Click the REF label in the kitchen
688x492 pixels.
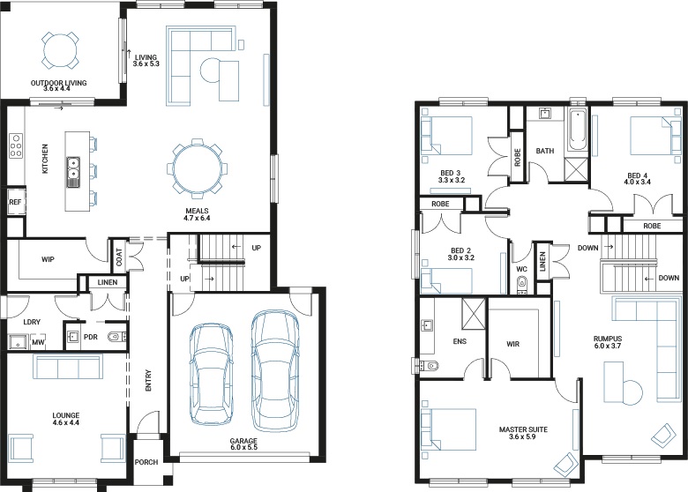pos(15,202)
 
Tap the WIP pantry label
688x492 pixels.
pos(48,259)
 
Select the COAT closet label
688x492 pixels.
pos(119,257)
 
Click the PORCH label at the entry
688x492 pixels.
pos(146,462)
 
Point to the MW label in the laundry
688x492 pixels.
pos(38,342)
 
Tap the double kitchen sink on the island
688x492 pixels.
pos(73,171)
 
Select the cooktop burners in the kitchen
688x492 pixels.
pos(15,145)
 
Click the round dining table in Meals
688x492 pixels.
pos(197,168)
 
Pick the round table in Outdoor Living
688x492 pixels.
pos(61,50)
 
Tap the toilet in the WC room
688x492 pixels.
pos(521,285)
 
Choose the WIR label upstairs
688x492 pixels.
pos(513,344)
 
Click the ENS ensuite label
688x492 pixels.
pos(460,341)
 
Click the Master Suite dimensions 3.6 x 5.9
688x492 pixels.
pos(522,436)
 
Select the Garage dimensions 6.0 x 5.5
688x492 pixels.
pos(243,447)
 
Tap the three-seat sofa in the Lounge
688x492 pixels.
pos(68,367)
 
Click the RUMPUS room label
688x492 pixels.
pos(608,339)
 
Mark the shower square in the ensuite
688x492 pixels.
pos(474,314)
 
